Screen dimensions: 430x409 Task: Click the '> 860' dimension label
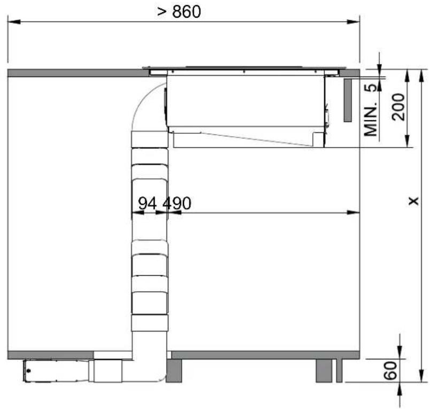tap(179, 12)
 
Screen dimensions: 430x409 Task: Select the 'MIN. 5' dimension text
tap(371, 110)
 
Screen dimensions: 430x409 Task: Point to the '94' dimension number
tap(147, 203)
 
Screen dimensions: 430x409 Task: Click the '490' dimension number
tap(177, 203)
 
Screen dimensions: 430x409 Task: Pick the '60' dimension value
tap(390, 370)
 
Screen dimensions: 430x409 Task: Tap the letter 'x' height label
tap(413, 201)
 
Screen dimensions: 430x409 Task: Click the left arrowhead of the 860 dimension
tap(14, 22)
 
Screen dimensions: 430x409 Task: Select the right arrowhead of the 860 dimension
tap(353, 22)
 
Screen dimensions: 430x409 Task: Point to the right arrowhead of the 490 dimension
tap(353, 212)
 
